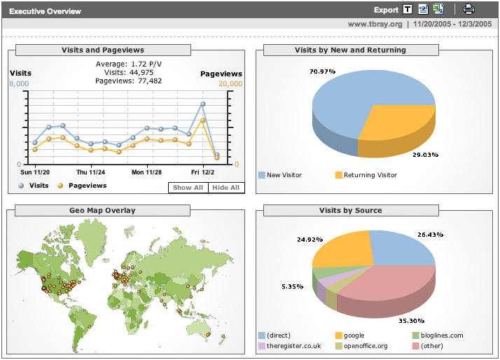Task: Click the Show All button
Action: point(188,188)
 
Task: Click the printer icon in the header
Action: point(468,10)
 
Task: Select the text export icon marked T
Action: point(407,10)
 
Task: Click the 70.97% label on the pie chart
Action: point(322,71)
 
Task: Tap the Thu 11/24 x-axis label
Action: point(91,172)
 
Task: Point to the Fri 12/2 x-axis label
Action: point(203,172)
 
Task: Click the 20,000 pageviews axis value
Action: point(230,84)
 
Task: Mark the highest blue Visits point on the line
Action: point(202,104)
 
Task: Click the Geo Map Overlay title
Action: point(102,210)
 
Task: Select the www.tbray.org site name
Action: point(375,24)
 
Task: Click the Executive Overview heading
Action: point(45,11)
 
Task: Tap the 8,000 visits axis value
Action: point(19,84)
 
